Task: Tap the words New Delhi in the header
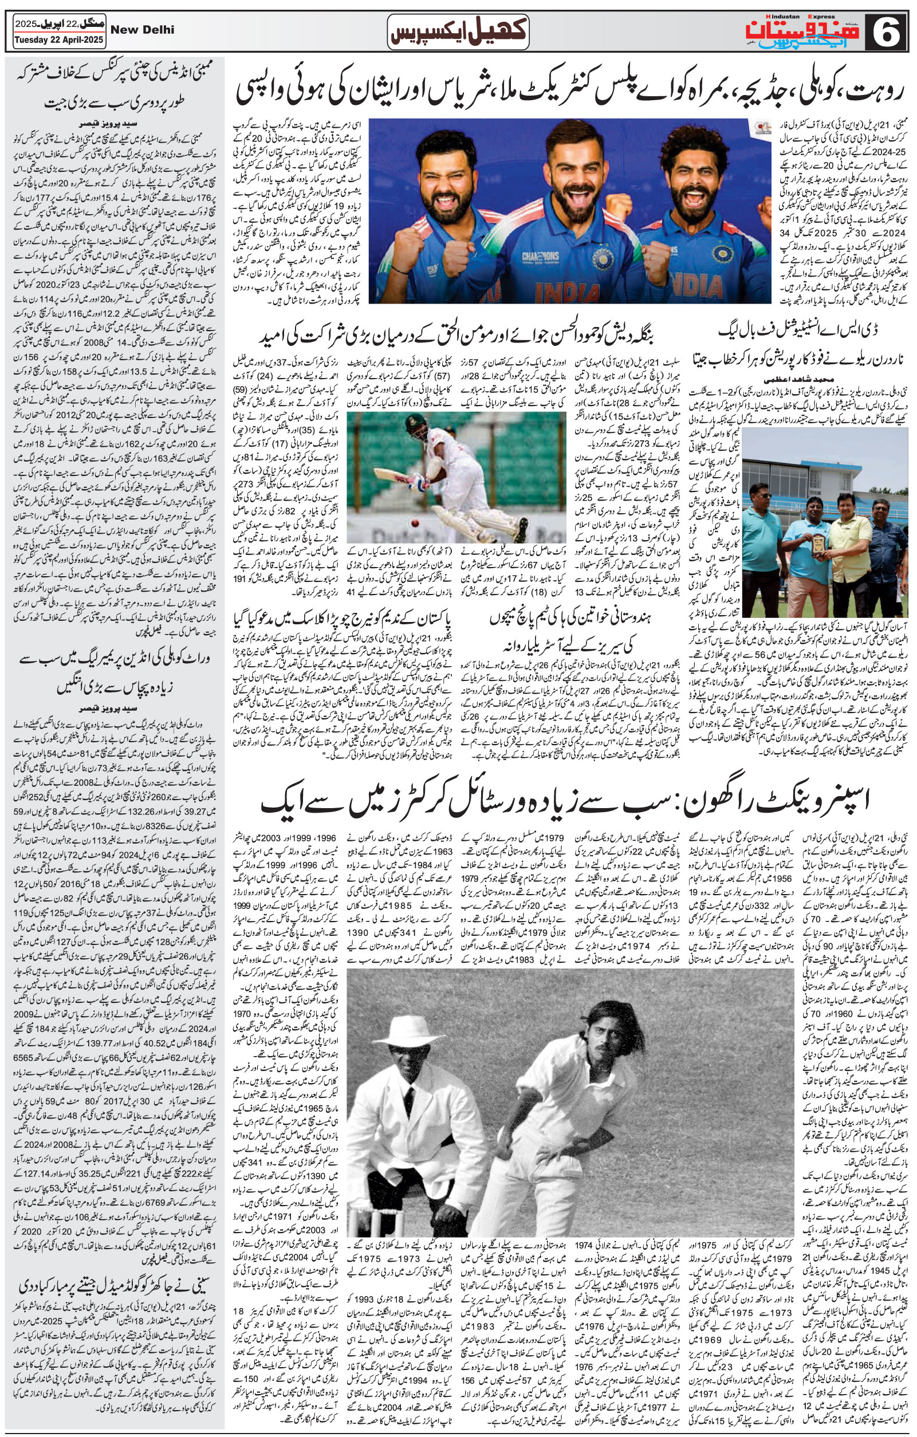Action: [x=143, y=30]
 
